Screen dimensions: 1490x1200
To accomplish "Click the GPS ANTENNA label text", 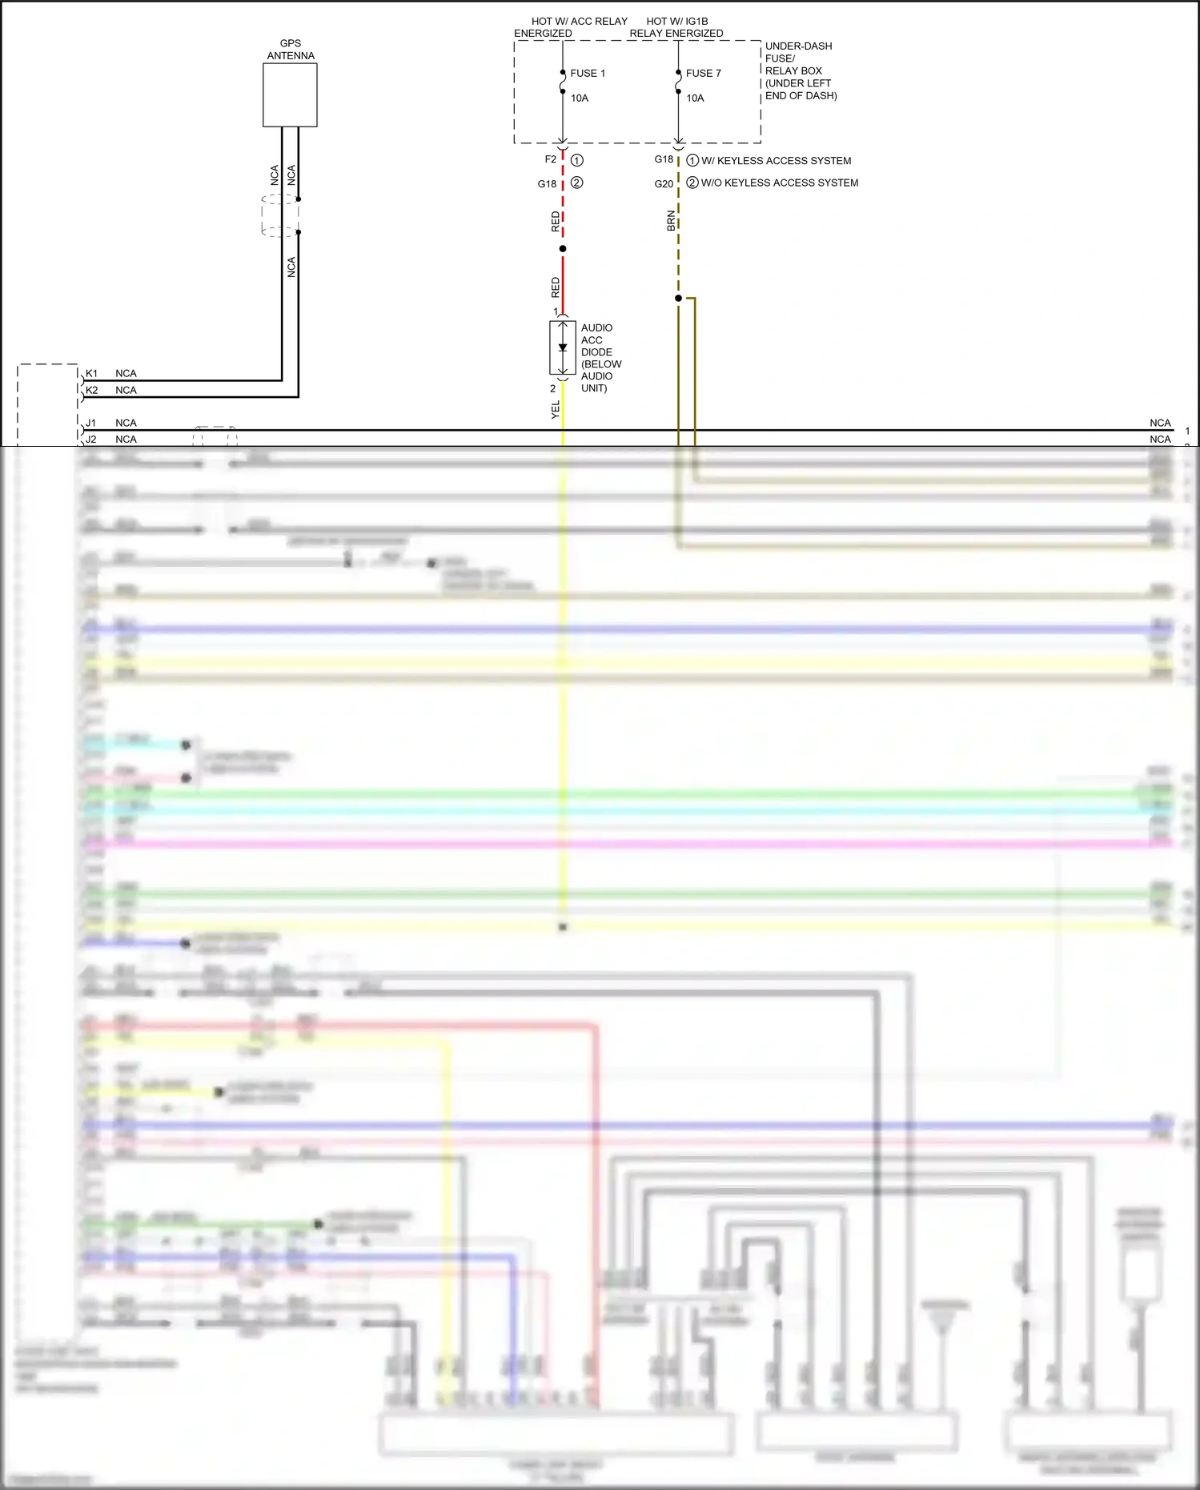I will coord(291,50).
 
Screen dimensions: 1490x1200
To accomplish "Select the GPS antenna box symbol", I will coord(290,94).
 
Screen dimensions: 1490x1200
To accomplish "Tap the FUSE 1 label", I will coord(588,73).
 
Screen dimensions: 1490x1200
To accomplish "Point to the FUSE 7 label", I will coord(703,73).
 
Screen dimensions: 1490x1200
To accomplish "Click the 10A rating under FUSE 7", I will coord(695,98).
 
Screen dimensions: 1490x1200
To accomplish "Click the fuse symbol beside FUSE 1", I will coord(563,82).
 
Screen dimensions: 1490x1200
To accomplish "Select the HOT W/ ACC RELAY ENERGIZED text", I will coord(570,27).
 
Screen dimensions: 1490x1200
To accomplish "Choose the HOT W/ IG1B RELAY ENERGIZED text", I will coord(676,27).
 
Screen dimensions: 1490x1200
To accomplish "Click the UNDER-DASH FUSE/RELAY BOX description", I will coord(801,70).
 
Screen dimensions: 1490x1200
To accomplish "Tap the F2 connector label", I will coord(550,159).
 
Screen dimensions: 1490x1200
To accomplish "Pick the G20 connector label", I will coord(664,183).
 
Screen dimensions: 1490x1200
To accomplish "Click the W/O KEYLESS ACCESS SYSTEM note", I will coord(779,183).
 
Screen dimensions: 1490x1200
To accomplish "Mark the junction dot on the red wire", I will coord(563,249).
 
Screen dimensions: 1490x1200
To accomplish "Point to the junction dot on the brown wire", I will coord(678,299).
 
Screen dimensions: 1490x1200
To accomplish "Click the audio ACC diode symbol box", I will coord(563,348).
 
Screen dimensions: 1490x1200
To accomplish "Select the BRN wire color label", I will coord(671,221).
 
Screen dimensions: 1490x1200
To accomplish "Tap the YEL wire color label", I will coord(556,409).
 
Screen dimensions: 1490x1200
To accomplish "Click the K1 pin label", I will coord(92,374).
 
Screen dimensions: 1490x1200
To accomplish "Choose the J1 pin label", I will coord(91,423).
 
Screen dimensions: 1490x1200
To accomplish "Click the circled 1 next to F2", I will coord(577,160).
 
